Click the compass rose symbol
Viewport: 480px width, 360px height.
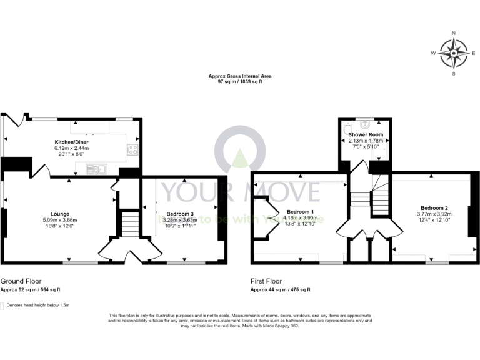[x=454, y=53]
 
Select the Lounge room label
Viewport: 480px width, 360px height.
[x=51, y=214]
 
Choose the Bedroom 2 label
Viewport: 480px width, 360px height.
[x=434, y=207]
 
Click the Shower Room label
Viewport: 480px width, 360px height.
[x=366, y=134]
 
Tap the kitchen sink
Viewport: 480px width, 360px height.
[x=97, y=167]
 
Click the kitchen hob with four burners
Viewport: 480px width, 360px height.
[x=132, y=149]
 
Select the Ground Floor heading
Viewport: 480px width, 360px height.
[x=21, y=281]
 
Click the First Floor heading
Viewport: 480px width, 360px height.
[x=268, y=281]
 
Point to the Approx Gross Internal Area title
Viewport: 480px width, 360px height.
[x=240, y=76]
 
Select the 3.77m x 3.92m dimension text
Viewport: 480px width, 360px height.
[x=434, y=214]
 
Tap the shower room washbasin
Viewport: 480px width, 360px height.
[x=366, y=122]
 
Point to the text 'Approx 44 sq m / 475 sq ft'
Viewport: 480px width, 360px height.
[x=280, y=290]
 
